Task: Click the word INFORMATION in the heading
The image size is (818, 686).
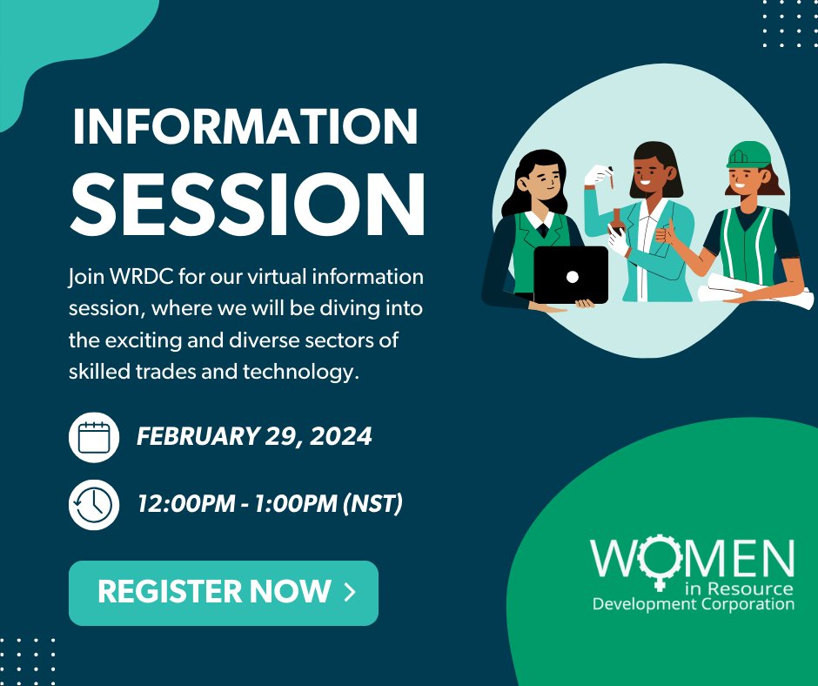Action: (x=245, y=127)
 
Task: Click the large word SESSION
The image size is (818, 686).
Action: (x=247, y=203)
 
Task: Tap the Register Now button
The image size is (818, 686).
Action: (x=224, y=593)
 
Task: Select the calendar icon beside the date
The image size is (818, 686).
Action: (x=93, y=437)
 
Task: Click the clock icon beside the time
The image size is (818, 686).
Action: (x=93, y=504)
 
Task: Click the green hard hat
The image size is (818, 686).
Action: (x=748, y=156)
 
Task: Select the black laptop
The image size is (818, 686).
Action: (x=571, y=274)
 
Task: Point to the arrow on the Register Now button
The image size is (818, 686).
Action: (x=350, y=593)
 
